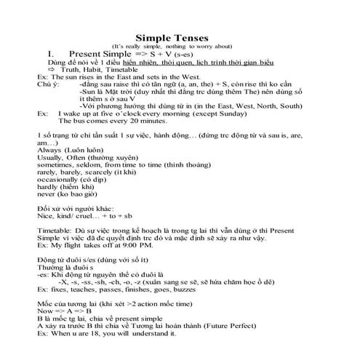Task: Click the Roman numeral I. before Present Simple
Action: click(x=52, y=55)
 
